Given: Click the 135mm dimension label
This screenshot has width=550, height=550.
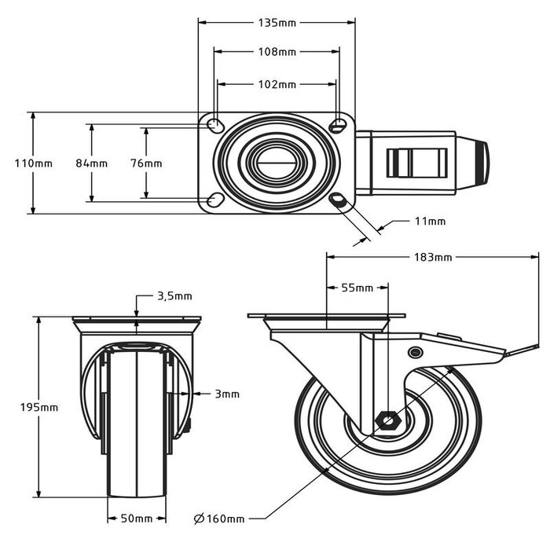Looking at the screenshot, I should click(277, 23).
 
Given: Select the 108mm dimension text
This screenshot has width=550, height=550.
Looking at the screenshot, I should click(277, 53).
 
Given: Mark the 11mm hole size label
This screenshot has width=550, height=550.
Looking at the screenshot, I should click(429, 222).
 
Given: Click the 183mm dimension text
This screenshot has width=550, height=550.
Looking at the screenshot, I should click(432, 257).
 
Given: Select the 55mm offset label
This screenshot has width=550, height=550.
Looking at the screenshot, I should click(357, 288).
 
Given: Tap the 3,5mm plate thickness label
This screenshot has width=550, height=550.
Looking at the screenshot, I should click(174, 296).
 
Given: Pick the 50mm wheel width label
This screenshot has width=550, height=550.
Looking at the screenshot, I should click(137, 519).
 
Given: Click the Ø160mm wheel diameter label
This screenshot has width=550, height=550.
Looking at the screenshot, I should click(219, 519).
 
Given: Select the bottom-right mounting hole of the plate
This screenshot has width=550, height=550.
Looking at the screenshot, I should click(339, 201).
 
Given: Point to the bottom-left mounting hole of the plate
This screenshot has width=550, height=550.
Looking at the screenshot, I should click(214, 201).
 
